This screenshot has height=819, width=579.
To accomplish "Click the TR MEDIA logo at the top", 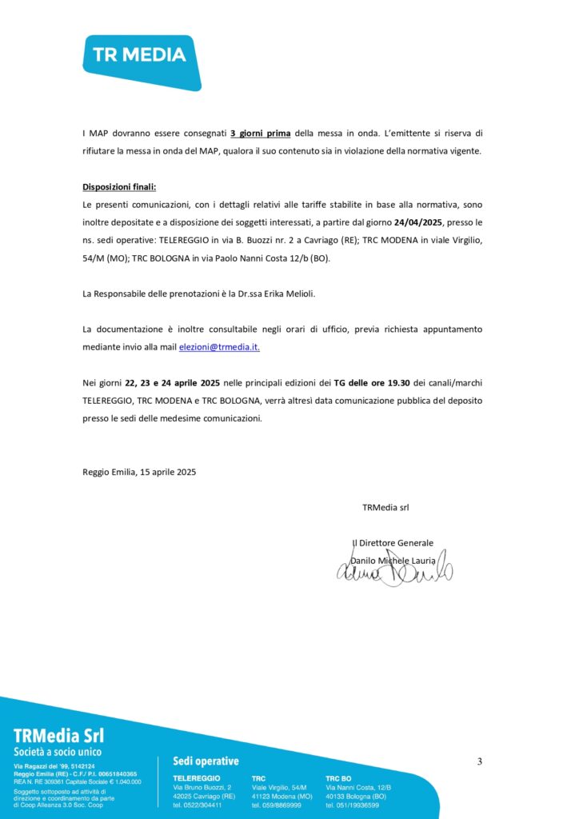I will pos(140,56).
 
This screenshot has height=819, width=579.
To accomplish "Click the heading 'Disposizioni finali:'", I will pos(119,187).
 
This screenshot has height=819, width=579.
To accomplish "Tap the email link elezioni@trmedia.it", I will pos(218,347).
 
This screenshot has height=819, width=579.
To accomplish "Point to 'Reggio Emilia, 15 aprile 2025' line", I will pos(139,472).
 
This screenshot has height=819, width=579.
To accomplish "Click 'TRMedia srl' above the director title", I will pos(385,507).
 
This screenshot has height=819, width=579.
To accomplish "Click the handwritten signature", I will pos(394,570).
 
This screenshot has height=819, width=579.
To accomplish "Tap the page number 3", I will pos(480,761).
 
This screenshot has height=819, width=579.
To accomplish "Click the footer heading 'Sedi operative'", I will pos(206,761).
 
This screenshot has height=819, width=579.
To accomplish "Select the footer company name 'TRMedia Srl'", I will pos(58,735).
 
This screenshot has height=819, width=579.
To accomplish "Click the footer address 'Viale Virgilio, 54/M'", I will pos(279,788).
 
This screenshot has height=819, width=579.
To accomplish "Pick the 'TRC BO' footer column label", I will pos(338,777).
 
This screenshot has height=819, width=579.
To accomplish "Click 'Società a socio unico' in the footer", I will pos(58,753).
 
